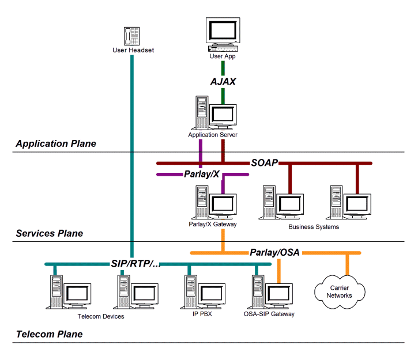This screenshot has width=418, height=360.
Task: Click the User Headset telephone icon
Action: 133,35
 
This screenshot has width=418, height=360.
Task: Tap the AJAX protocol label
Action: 223,81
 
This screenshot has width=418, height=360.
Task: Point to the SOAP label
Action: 265,163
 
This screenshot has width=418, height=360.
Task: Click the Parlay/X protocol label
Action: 202,174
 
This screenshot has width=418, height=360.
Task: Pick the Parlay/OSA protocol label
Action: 274,252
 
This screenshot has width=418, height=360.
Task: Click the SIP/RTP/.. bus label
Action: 136,264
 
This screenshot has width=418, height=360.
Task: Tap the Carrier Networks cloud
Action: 339,291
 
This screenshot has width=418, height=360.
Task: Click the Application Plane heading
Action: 56,143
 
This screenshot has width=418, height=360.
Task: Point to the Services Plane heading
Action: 50,233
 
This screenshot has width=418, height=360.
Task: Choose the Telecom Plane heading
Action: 49,334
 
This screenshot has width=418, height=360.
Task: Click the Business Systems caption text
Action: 314,227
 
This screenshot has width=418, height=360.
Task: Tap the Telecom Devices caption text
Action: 101,316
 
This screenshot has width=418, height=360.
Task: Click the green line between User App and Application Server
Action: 223,96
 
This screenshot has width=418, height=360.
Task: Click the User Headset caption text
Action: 133,51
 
